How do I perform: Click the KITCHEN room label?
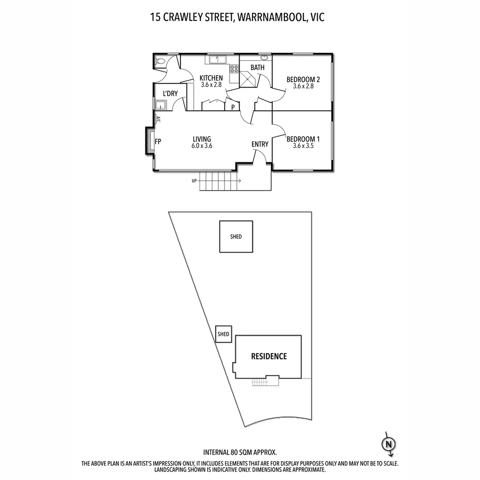pyautogui.click(x=211, y=78)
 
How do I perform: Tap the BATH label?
pyautogui.click(x=257, y=68)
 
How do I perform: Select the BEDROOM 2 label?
pyautogui.click(x=303, y=80)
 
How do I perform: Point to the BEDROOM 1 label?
pyautogui.click(x=303, y=139)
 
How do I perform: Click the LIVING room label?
pyautogui.click(x=202, y=139)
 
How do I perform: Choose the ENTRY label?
pyautogui.click(x=260, y=144)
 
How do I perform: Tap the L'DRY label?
pyautogui.click(x=170, y=93)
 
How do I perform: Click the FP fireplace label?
pyautogui.click(x=158, y=142)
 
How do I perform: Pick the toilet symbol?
pyautogui.click(x=160, y=61)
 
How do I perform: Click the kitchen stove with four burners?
pyautogui.click(x=234, y=69)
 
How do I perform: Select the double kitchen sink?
pyautogui.click(x=216, y=58)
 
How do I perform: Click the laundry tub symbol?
pyautogui.click(x=160, y=105)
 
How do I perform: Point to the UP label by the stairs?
pyautogui.click(x=194, y=181)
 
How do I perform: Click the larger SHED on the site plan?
pyautogui.click(x=236, y=237)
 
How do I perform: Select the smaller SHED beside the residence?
pyautogui.click(x=224, y=334)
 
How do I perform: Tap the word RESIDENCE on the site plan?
pyautogui.click(x=269, y=356)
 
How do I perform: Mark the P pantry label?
pyautogui.click(x=233, y=107)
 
